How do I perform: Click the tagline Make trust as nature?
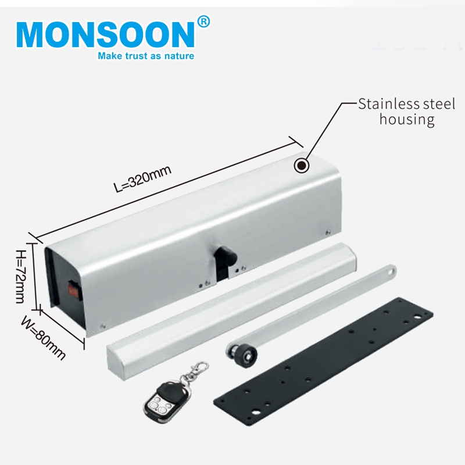[x=146, y=56]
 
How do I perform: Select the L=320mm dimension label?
[x=142, y=179]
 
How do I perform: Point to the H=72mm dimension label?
[x=21, y=277]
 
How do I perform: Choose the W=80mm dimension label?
[x=43, y=338]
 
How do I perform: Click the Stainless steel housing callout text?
[x=406, y=112]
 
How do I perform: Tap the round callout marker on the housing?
[x=301, y=166]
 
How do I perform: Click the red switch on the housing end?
[x=73, y=289]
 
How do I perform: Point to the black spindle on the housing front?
[x=225, y=255]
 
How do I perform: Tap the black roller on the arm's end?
[x=243, y=352]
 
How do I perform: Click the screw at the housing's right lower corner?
[x=327, y=233]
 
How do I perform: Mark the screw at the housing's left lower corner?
[x=103, y=327]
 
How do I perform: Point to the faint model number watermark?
[x=417, y=38]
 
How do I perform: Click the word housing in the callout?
[x=407, y=120]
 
